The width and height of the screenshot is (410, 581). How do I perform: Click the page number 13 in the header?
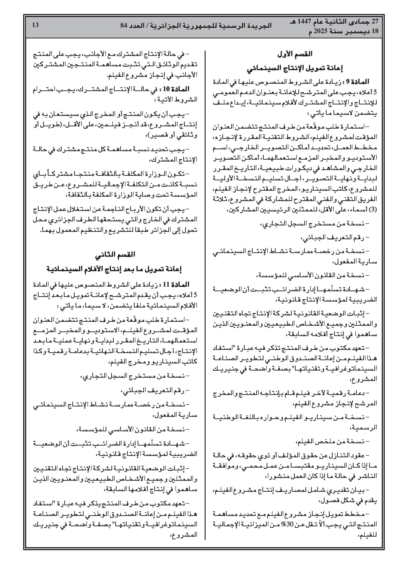click(35, 25)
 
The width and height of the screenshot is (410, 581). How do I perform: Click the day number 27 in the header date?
click(374, 22)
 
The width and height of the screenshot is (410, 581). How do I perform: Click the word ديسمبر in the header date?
click(357, 31)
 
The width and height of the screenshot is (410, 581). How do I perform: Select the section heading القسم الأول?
click(294, 54)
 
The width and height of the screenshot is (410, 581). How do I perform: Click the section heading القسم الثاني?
click(115, 255)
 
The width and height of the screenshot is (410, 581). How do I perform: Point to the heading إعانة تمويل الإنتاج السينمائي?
click(294, 68)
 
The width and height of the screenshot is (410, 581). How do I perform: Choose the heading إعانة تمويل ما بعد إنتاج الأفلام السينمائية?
click(115, 269)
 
